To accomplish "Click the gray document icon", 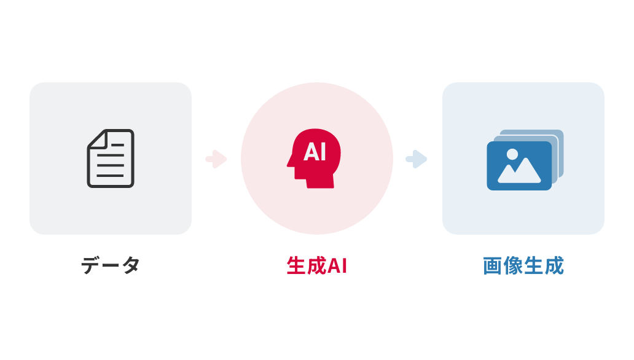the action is [x=111, y=158].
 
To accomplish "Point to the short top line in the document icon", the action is [x=118, y=145].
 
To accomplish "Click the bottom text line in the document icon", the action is [x=111, y=176].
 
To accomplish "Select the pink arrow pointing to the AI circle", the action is [x=216, y=159].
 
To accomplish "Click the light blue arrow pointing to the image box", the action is [x=417, y=159].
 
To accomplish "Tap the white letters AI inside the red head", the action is [x=315, y=152].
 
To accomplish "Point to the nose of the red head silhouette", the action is [x=289, y=162].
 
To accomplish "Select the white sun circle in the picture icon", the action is [x=512, y=154].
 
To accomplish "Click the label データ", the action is [x=111, y=265].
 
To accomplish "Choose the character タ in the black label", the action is [x=131, y=265].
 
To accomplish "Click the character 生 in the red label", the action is [x=296, y=266].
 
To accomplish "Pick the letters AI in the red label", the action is [x=337, y=266].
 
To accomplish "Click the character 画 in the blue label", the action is [x=493, y=266].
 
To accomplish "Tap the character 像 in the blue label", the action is [x=513, y=266].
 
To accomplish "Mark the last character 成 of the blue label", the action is [x=554, y=266].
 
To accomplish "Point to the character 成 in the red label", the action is [x=316, y=266].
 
